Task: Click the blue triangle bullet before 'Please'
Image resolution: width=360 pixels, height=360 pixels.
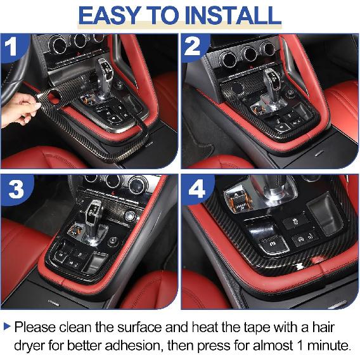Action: point(7,328)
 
